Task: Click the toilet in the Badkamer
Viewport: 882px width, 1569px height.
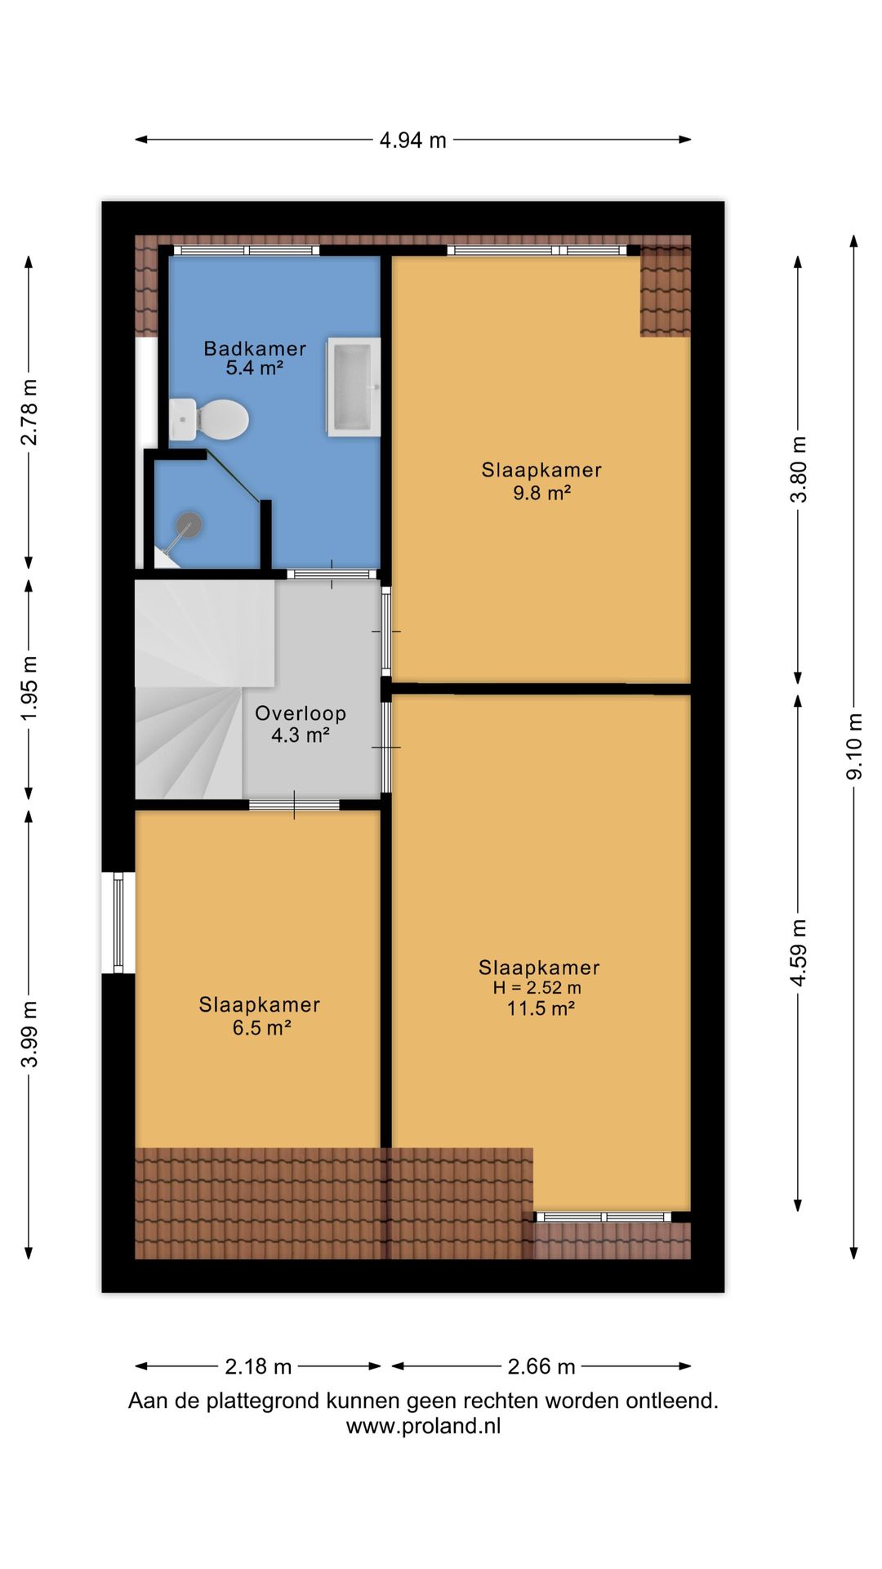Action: point(208,420)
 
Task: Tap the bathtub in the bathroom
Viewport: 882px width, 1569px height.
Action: point(354,386)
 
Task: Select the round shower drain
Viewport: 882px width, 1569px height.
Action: point(189,524)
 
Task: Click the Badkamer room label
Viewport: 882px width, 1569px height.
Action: point(255,349)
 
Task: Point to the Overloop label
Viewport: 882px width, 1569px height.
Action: point(301,713)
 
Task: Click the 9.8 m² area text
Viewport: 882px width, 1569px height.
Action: point(541,493)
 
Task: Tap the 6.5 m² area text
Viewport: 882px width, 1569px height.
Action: point(261,1027)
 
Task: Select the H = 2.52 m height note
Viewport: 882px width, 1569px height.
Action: point(537,987)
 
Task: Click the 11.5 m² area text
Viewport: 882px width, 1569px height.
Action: point(541,1008)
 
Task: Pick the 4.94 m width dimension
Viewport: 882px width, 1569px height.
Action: point(413,140)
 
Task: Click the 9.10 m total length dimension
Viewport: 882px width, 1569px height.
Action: point(854,746)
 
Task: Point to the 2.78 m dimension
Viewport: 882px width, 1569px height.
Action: point(29,412)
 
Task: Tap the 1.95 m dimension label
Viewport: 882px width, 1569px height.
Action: point(29,689)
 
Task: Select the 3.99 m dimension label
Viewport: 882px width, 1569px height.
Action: point(29,1034)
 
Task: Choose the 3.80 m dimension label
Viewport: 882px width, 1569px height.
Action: point(799,469)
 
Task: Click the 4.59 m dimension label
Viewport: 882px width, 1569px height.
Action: point(799,952)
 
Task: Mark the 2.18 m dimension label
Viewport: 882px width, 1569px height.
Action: point(258,1366)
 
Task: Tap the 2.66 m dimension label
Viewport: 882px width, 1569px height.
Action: point(541,1366)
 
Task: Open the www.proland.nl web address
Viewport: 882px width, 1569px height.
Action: point(424,1426)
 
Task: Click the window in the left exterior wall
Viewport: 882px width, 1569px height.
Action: point(118,923)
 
